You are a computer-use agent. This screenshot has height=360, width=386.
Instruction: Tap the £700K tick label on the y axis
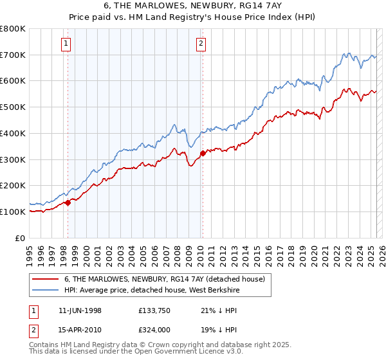point(13,55)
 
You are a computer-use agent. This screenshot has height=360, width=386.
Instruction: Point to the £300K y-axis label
point(13,159)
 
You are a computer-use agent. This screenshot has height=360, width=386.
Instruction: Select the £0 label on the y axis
point(21,238)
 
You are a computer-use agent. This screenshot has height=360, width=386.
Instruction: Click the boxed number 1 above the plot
point(67,44)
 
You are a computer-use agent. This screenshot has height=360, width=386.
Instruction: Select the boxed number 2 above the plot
point(201,44)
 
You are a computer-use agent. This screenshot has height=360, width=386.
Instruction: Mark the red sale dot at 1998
point(68,203)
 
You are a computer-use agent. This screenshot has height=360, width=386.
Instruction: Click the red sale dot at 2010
point(203,153)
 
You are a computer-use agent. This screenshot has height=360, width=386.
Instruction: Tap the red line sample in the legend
point(45,279)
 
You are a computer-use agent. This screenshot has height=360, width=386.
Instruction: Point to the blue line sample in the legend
point(45,290)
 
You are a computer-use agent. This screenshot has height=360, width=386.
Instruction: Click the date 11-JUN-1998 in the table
point(80,310)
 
